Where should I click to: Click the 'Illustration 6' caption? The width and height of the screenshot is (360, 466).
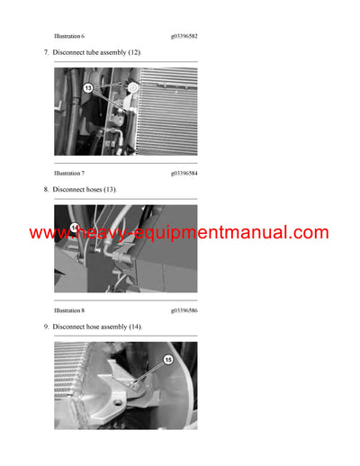(x=69, y=36)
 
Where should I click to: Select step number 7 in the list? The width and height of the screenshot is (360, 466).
(x=46, y=54)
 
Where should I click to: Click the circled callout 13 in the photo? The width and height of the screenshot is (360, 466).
(x=89, y=88)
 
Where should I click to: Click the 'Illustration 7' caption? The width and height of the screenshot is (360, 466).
(x=69, y=172)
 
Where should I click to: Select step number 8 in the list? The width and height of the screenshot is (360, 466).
(x=46, y=190)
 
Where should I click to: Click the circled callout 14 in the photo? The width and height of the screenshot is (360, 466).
(x=76, y=227)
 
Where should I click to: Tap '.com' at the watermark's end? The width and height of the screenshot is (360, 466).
(x=310, y=233)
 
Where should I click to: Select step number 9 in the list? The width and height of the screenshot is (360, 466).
(x=46, y=326)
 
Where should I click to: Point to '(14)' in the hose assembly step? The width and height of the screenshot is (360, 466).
(x=135, y=326)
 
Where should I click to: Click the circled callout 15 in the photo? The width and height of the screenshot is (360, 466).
(x=167, y=361)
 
